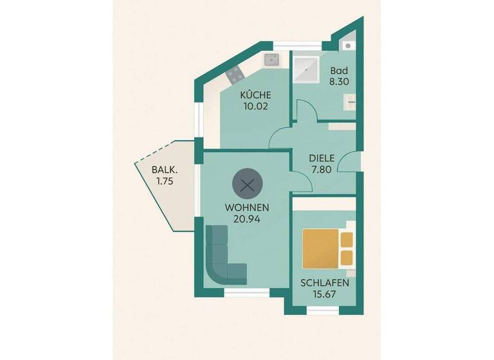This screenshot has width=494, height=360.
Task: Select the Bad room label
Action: [339, 71]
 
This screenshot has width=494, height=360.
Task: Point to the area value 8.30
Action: [339, 82]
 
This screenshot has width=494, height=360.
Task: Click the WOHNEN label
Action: [247, 208]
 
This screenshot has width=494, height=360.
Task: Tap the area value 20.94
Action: [247, 219]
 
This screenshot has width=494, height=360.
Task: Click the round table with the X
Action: [246, 185]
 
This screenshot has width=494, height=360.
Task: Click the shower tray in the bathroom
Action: [306, 68]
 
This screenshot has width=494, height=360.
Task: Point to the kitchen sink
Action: [271, 60]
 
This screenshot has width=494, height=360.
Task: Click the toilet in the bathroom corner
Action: [348, 46]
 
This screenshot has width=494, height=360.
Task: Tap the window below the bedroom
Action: [322, 310]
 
